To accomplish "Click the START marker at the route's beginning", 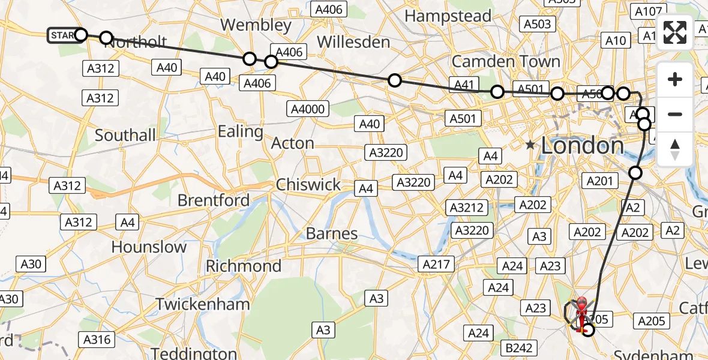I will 62,35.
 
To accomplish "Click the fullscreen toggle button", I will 675,33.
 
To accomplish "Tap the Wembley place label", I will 256,25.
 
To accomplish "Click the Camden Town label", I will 506,61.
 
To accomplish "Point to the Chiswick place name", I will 308,184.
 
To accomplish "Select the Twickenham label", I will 203,304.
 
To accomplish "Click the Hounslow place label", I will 149,247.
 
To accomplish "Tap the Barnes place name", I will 332,233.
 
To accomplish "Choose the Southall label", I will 125,136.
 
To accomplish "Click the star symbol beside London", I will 530,145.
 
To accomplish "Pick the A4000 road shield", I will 308,109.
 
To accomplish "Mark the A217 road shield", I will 437,264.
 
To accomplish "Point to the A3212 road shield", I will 466,208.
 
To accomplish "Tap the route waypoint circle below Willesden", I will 394,80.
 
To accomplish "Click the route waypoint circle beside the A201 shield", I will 635,173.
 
